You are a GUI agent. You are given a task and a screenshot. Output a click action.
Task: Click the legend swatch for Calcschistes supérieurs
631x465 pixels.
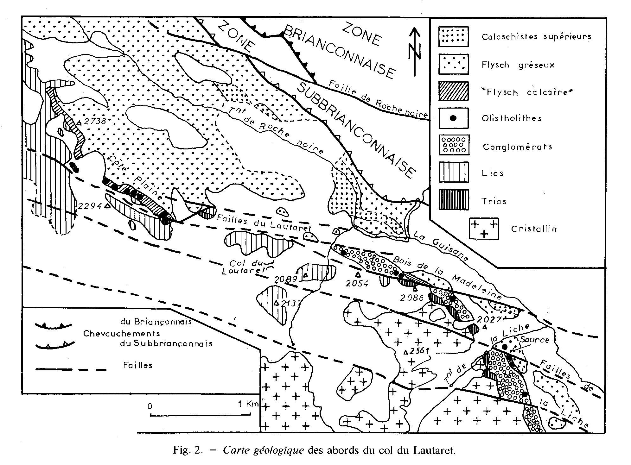point(453,37)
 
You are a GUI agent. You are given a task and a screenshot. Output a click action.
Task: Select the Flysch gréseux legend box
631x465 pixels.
point(453,64)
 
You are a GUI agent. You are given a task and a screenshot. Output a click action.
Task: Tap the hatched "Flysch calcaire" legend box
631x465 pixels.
point(453,91)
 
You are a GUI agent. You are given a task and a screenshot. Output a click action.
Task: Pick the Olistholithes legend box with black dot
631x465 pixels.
point(453,118)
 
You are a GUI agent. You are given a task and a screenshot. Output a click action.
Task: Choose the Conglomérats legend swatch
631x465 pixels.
point(453,145)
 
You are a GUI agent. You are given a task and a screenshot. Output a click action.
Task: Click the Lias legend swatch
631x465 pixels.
point(453,172)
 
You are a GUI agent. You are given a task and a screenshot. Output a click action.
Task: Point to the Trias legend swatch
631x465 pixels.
point(453,200)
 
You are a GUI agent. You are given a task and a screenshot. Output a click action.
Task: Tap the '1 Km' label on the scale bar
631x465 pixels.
point(248,404)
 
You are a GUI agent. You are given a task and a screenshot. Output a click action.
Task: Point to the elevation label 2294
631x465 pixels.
point(90,206)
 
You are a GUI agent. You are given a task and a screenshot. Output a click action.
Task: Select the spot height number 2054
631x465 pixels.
point(357,283)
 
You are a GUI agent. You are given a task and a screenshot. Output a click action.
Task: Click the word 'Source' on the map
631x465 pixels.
point(535,340)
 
